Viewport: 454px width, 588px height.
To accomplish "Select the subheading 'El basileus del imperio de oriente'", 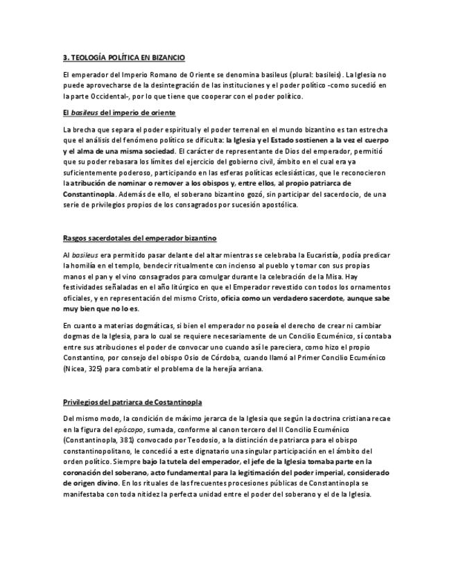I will [x=119, y=112].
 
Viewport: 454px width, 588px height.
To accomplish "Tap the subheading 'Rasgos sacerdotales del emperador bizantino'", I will [x=139, y=238].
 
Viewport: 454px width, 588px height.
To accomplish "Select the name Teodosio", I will [x=267, y=440].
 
